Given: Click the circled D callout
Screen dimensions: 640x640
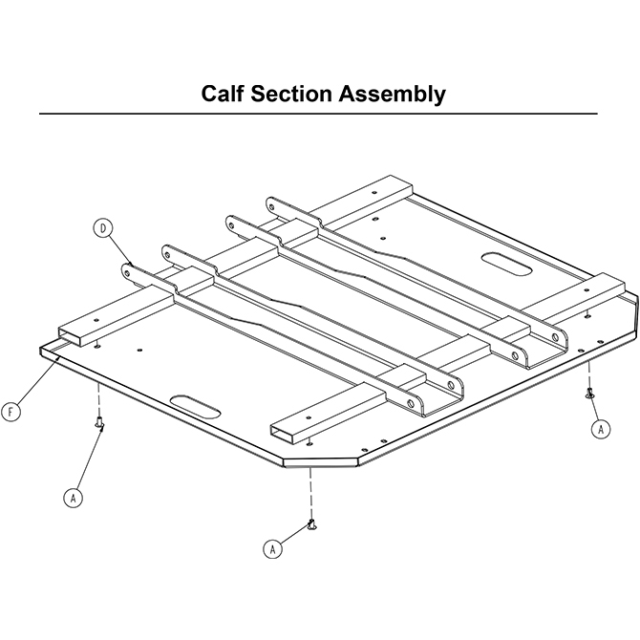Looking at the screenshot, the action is (x=102, y=228).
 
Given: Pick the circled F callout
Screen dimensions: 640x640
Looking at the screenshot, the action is (x=11, y=412).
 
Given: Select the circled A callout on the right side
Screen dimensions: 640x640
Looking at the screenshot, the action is (x=601, y=430).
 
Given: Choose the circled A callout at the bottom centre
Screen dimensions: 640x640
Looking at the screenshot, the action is (x=272, y=549).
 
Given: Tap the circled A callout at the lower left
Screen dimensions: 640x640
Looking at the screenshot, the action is (x=73, y=498).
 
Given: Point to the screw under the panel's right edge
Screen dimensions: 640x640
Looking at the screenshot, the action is (x=589, y=393).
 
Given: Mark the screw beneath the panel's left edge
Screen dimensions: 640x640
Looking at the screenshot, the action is (x=99, y=424).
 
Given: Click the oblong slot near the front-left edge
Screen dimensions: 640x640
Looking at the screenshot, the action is (x=196, y=406).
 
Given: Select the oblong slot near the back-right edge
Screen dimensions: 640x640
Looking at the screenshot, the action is (x=507, y=265).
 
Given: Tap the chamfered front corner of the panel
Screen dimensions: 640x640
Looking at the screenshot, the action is (x=321, y=461).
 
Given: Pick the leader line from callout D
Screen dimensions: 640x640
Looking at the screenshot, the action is (x=119, y=248).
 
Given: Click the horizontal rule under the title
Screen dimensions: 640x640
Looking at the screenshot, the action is (x=318, y=114).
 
